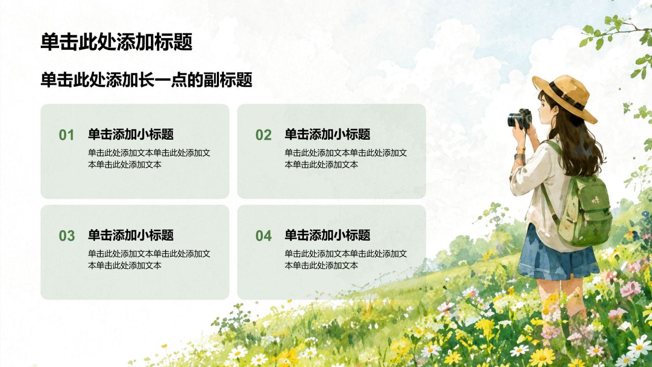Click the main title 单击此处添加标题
(x=117, y=42)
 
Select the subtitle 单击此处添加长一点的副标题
(x=146, y=80)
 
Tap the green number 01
(x=66, y=135)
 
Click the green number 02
(x=263, y=135)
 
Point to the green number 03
(x=67, y=235)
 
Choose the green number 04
(x=263, y=235)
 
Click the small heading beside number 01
(x=131, y=134)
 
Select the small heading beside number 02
(x=328, y=134)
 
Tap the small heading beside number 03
(x=131, y=235)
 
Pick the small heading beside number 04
(x=328, y=235)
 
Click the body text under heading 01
(x=149, y=159)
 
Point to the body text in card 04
(x=346, y=259)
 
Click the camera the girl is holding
(x=520, y=119)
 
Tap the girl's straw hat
(x=565, y=97)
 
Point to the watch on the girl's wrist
(x=519, y=156)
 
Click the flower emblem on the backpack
(x=595, y=200)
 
